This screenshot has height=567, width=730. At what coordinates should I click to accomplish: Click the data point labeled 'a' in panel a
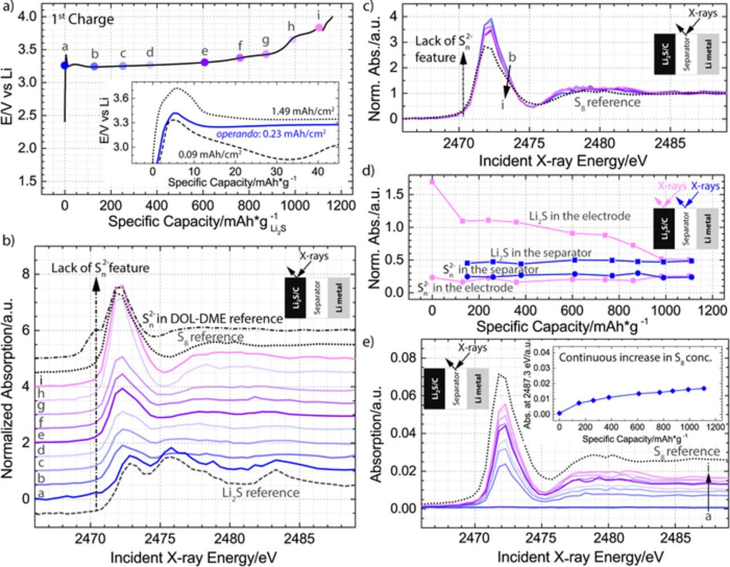point(65,66)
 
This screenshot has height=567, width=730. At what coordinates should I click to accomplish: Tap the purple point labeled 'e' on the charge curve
point(205,62)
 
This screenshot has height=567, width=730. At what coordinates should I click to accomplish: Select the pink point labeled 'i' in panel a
point(319,27)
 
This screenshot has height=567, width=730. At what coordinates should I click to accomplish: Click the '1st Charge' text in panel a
point(91,19)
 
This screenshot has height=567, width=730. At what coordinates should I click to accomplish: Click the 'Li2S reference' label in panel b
point(261,492)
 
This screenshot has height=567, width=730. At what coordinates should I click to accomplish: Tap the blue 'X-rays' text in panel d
point(705,186)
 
